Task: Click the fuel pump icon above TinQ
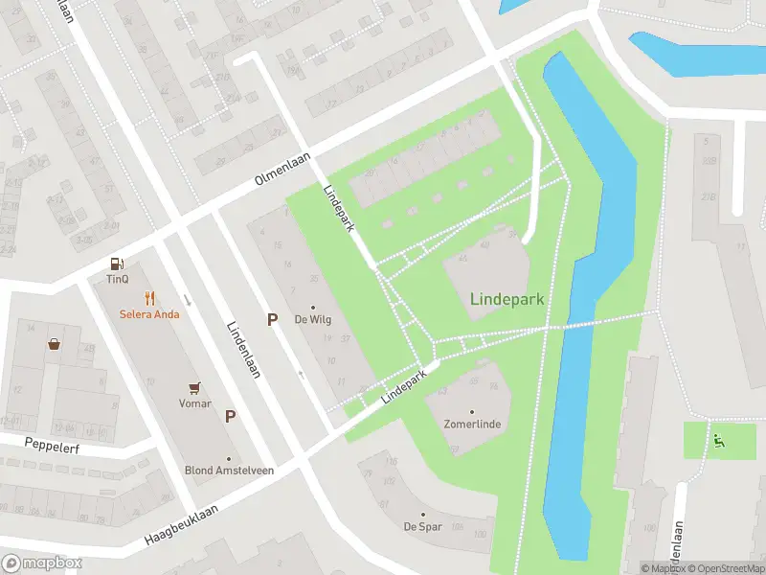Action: [x=117, y=263]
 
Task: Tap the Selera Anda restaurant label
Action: [x=149, y=313]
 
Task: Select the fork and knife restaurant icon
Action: [x=149, y=297]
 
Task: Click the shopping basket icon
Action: [x=56, y=343]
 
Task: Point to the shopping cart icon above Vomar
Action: [x=196, y=387]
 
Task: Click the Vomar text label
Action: [x=196, y=403]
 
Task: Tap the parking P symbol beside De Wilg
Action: [x=273, y=319]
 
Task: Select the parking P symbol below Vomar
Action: [x=230, y=416]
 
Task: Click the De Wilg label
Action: [x=312, y=320]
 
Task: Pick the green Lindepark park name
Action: [x=507, y=299]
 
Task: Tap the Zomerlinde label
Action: [x=472, y=424]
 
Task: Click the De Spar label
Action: [x=421, y=526]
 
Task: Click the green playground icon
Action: [x=718, y=440]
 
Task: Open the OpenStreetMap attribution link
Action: [x=726, y=568]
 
